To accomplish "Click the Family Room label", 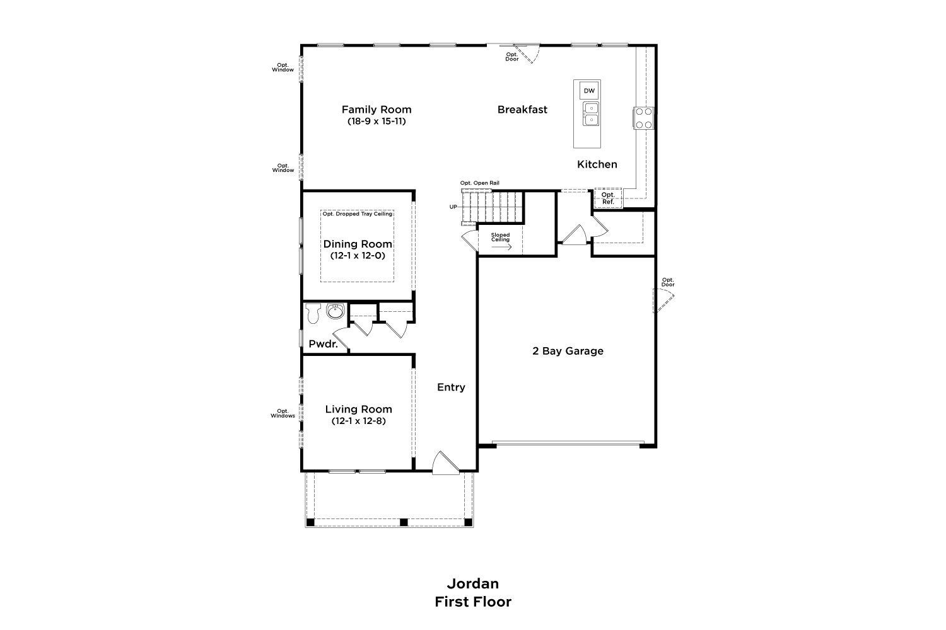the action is [377, 110].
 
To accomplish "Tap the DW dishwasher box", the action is [589, 91].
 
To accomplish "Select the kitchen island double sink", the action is [591, 114].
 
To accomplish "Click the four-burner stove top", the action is [643, 118].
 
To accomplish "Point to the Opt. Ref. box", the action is [608, 198].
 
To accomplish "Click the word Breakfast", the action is [522, 110].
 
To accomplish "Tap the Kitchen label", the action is [597, 164].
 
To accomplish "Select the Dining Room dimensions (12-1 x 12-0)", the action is [358, 256].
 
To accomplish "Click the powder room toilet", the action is [313, 313].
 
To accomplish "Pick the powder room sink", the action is [336, 311].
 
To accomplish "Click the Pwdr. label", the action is [324, 344].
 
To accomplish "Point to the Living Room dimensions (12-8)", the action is [359, 421].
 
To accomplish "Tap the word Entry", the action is [451, 387].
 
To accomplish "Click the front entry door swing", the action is [445, 463].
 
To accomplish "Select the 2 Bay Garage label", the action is [568, 351].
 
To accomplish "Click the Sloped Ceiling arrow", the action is [501, 247].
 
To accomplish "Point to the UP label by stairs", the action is [453, 207].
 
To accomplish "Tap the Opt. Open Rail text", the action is [480, 183].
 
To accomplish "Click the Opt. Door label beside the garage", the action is [668, 282].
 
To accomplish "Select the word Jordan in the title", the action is [473, 583].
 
